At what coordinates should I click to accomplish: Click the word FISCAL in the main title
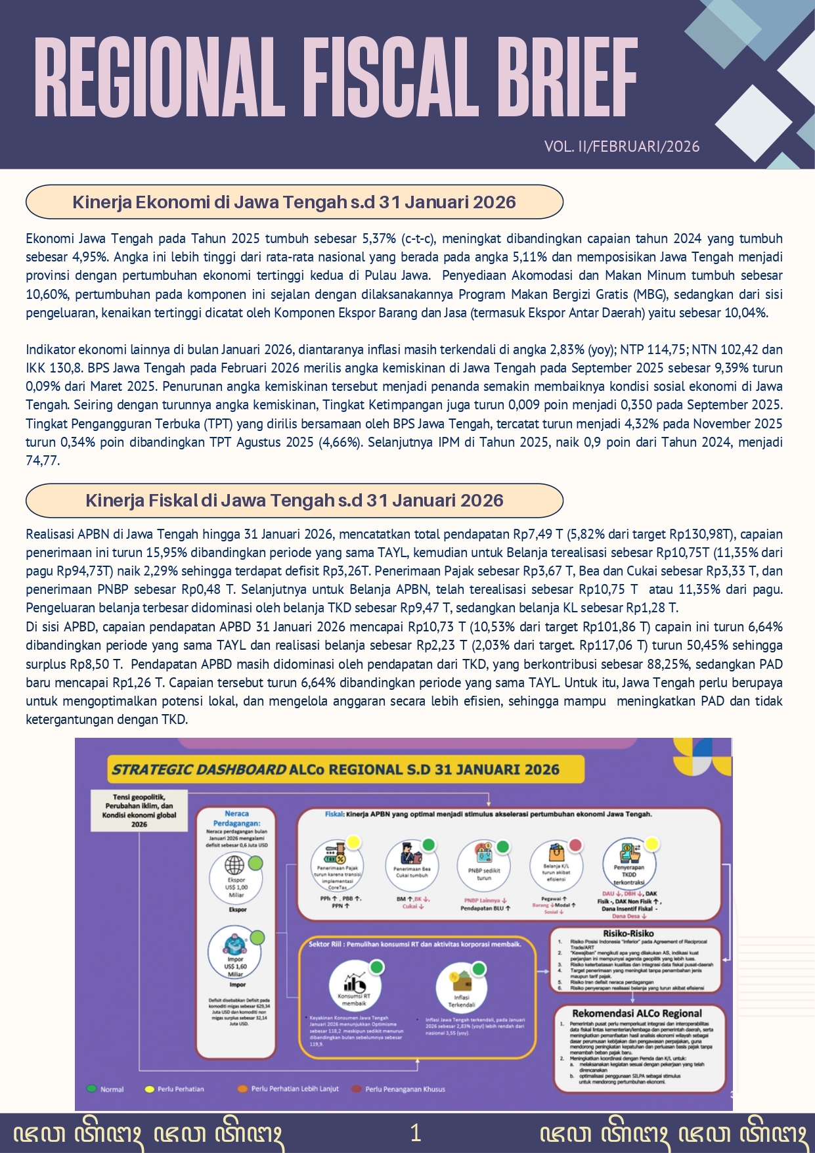click(393, 77)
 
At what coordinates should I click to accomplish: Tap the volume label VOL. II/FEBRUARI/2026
click(622, 147)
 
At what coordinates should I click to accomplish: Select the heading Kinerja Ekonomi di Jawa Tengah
click(294, 202)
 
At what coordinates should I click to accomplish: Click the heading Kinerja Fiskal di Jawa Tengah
click(294, 501)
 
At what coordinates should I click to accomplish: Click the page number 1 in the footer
click(415, 1133)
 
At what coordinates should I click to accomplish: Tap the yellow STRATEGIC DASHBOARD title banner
click(336, 769)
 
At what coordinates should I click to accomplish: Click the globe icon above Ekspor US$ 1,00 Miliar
click(235, 865)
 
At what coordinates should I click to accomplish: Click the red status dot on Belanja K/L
click(575, 845)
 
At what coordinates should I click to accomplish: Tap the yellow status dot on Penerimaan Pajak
click(353, 842)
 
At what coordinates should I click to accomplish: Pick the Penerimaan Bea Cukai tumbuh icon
click(411, 855)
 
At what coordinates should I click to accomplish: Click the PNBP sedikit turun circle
click(484, 863)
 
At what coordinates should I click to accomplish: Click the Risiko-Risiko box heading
click(628, 933)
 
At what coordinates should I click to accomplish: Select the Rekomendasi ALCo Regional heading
click(637, 1013)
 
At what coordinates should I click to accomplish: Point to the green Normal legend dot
click(91, 1089)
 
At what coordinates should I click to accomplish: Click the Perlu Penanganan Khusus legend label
click(405, 1089)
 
